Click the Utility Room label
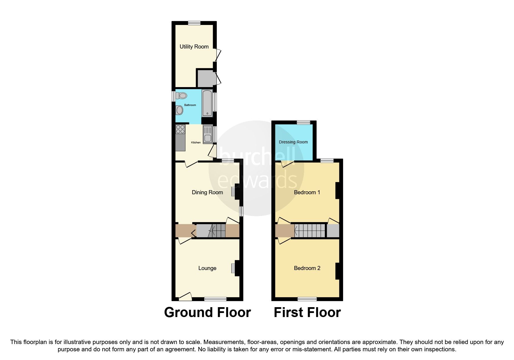point(194,46)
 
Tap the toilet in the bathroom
point(182,95)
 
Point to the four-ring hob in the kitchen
point(180,129)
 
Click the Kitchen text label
point(196,143)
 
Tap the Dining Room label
point(207,192)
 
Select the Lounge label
point(207,268)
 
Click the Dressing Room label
point(293,142)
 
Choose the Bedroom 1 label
point(307,192)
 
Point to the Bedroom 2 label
point(307,268)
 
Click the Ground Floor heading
point(207,312)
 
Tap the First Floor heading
point(307,312)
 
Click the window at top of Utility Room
point(194,23)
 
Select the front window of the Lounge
point(215,299)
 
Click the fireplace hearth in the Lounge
point(233,268)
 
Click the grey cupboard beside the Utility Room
point(205,78)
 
